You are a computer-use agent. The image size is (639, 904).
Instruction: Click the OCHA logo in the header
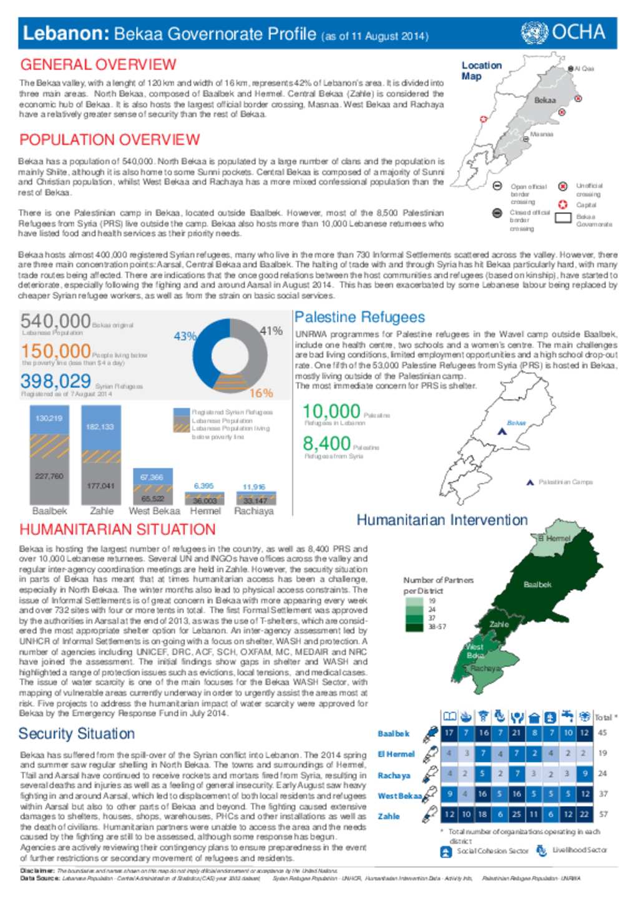click(563, 32)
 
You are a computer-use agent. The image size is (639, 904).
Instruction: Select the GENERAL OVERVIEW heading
click(98, 65)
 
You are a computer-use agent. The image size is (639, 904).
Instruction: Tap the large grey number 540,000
click(56, 321)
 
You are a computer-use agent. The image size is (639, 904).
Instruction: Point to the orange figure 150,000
click(56, 351)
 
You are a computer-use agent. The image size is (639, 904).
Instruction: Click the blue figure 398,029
click(56, 381)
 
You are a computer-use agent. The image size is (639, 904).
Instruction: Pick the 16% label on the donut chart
click(261, 393)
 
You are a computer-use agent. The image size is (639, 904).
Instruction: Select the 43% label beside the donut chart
click(185, 336)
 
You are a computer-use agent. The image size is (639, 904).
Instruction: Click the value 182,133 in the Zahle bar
click(100, 427)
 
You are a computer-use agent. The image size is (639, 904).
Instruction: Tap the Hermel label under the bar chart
click(205, 511)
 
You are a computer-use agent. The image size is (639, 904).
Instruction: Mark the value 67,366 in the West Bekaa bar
click(152, 477)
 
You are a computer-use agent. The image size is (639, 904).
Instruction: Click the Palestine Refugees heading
click(359, 318)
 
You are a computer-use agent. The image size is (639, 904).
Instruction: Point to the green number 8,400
click(326, 444)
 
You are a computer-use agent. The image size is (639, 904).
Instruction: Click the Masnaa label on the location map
click(541, 134)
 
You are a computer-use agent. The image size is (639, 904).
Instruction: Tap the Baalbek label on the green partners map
click(537, 585)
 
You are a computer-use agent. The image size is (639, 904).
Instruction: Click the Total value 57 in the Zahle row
click(603, 814)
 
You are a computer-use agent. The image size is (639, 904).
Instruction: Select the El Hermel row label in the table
click(396, 754)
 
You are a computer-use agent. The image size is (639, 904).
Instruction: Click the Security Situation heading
click(76, 734)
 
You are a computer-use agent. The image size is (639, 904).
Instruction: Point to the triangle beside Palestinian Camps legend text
click(530, 482)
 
